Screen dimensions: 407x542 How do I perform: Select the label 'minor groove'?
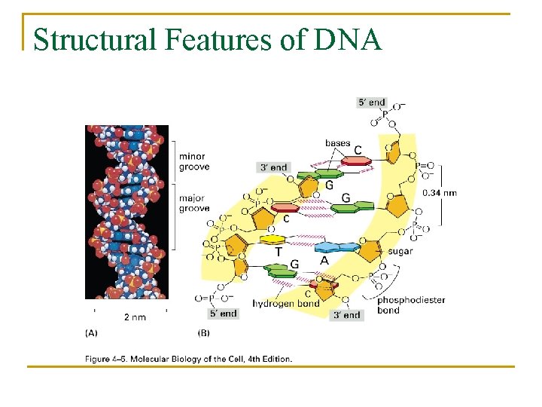[194, 161]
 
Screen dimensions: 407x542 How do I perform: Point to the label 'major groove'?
[194, 203]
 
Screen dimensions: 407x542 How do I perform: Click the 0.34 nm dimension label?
[440, 193]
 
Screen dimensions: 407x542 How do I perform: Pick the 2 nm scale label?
[135, 317]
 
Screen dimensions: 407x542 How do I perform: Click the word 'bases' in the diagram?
[337, 143]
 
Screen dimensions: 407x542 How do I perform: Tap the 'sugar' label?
[400, 251]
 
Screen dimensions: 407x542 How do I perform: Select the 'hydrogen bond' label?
[286, 303]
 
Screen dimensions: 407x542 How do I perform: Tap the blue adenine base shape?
[337, 246]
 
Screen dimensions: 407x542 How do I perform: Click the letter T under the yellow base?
[279, 253]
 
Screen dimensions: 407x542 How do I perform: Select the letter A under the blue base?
[325, 260]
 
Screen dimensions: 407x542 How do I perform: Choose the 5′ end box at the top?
[371, 103]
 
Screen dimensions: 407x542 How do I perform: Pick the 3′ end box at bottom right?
[347, 315]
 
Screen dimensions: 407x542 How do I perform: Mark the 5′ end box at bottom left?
[223, 313]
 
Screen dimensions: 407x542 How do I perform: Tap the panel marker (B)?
[203, 332]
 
